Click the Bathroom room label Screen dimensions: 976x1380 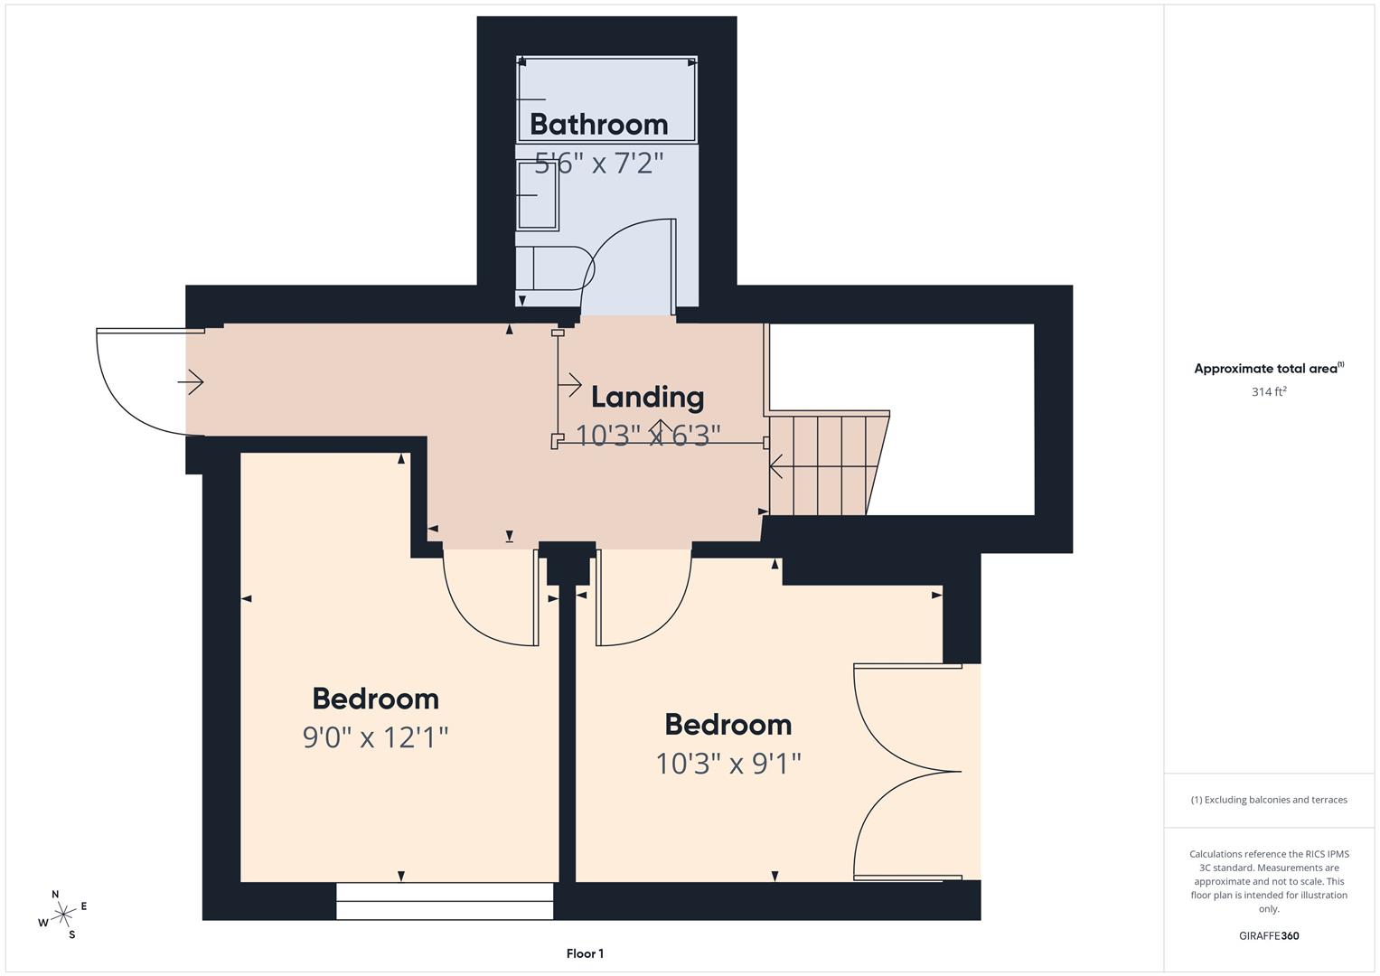[598, 124]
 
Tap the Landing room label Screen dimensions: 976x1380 [647, 397]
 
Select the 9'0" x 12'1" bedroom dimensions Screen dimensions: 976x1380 [375, 737]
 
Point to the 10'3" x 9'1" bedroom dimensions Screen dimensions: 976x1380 [728, 764]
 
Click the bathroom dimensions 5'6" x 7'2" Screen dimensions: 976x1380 [599, 164]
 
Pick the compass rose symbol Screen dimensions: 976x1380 [62, 915]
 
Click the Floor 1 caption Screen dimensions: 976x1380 [585, 953]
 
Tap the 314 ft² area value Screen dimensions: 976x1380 [1269, 391]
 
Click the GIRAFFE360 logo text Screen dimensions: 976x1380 [1269, 936]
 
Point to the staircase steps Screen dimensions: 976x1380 [828, 464]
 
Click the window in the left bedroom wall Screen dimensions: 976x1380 [445, 900]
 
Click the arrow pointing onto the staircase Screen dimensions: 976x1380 [778, 466]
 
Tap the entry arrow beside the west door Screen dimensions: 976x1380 [191, 382]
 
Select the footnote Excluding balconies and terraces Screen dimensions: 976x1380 [1269, 800]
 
